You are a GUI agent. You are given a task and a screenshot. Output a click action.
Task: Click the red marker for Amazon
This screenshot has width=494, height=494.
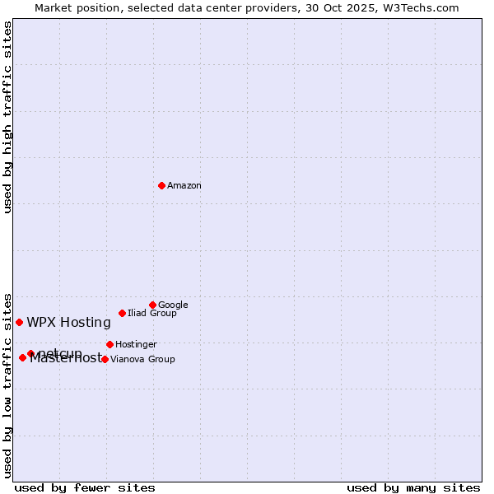point(161,185)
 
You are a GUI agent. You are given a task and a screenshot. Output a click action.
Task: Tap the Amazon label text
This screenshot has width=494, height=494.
point(184,186)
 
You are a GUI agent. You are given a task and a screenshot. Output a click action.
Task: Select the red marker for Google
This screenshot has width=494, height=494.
point(152,305)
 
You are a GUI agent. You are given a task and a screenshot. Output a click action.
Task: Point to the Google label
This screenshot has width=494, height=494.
point(173,305)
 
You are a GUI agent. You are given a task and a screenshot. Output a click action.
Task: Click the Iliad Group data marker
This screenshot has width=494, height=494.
point(122,313)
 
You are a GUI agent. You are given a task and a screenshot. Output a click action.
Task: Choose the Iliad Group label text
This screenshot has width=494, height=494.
point(152,314)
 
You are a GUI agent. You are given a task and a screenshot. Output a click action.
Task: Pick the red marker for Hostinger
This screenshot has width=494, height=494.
point(110,344)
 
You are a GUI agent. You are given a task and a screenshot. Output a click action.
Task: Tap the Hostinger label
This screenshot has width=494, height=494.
point(136,345)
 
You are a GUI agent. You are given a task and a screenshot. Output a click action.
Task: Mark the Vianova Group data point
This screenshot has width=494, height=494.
point(105,359)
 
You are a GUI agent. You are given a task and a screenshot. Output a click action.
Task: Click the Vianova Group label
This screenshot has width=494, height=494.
point(142,360)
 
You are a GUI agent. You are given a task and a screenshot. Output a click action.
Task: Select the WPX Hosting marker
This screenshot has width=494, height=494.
point(19,322)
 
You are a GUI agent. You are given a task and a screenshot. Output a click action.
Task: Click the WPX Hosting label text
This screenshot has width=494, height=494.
point(68,323)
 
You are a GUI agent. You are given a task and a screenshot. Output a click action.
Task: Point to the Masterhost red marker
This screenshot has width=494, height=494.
point(22,357)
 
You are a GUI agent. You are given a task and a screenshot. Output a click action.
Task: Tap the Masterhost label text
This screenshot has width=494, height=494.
point(65,358)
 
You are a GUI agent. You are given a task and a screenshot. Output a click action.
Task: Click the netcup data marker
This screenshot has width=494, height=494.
point(30,353)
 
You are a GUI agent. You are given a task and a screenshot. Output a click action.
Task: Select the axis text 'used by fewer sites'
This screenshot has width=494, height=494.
point(85,488)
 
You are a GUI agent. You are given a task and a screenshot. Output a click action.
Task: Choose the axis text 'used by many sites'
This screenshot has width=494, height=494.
point(413,488)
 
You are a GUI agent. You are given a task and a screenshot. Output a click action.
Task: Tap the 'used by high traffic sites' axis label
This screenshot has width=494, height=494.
point(8,117)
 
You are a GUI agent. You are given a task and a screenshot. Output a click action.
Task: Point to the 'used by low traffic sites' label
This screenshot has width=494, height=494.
point(8,385)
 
